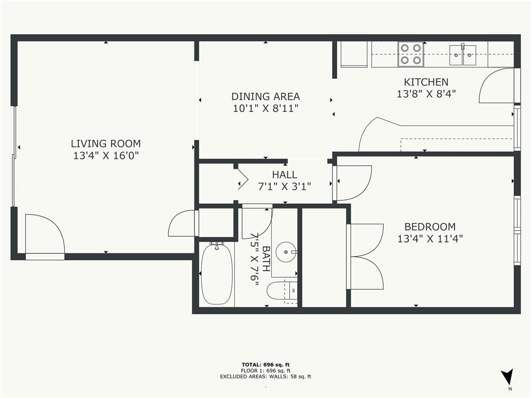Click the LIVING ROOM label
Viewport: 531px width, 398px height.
click(x=106, y=144)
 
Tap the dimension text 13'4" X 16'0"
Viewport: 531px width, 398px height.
click(x=106, y=155)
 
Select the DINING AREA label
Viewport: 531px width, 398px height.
click(x=265, y=97)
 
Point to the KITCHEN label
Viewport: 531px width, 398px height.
click(x=426, y=82)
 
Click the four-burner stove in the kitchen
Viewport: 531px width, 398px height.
click(x=411, y=54)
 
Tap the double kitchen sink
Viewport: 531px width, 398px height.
click(x=463, y=55)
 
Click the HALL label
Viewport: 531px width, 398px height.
click(x=285, y=175)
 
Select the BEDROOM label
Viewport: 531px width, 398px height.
click(x=430, y=227)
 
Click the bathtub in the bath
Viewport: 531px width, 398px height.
click(x=217, y=274)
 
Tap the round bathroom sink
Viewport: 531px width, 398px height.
click(x=286, y=252)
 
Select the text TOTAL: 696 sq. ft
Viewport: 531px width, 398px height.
click(x=265, y=365)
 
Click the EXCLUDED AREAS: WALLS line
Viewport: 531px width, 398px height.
click(x=265, y=376)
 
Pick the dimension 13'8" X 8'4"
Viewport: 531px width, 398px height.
click(x=426, y=94)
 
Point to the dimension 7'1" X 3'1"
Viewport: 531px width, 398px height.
click(x=285, y=187)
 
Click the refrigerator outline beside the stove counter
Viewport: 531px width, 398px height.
click(x=354, y=54)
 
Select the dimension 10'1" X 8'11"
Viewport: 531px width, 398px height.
click(x=265, y=109)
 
